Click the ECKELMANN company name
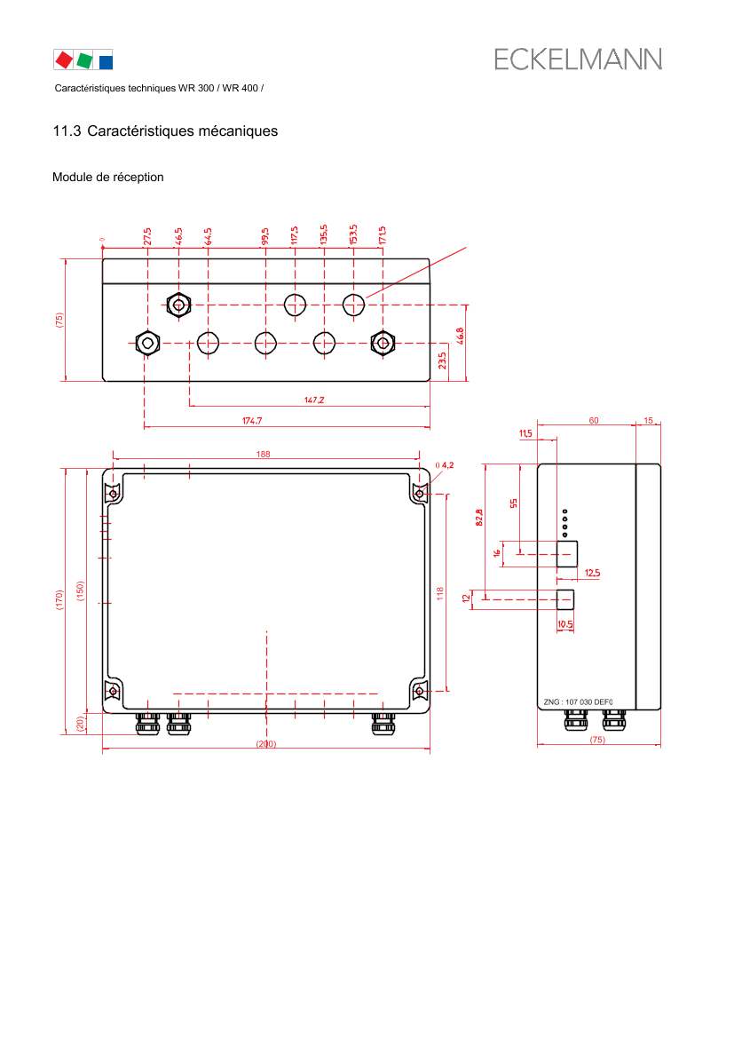pyautogui.click(x=578, y=59)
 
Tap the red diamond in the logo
pyautogui.click(x=64, y=60)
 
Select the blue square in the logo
pyautogui.click(x=106, y=62)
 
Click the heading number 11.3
pyautogui.click(x=67, y=131)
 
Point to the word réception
pyautogui.click(x=138, y=178)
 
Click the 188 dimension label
pyautogui.click(x=264, y=454)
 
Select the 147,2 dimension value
pyautogui.click(x=314, y=400)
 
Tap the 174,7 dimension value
pyautogui.click(x=252, y=420)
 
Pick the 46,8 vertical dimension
pyautogui.click(x=460, y=336)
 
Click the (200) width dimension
pyautogui.click(x=266, y=744)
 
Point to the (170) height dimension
pyautogui.click(x=59, y=599)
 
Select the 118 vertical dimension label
pyautogui.click(x=440, y=594)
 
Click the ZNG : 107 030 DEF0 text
pyautogui.click(x=579, y=702)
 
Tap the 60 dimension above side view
pyautogui.click(x=594, y=420)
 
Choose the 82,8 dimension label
pyautogui.click(x=479, y=518)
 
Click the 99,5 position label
pyautogui.click(x=265, y=236)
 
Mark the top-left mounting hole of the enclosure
pyautogui.click(x=114, y=494)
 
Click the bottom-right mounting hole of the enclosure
pyautogui.click(x=419, y=692)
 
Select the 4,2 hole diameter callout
pyautogui.click(x=445, y=465)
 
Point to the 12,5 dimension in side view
pyautogui.click(x=592, y=574)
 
